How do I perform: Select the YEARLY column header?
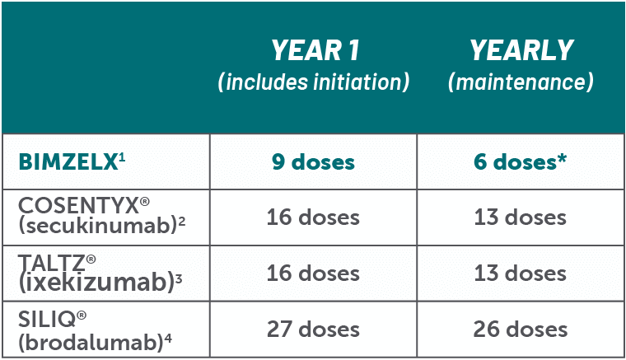click(521, 50)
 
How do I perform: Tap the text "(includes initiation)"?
click(313, 82)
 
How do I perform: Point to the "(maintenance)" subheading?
click(521, 82)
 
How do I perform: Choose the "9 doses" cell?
click(313, 161)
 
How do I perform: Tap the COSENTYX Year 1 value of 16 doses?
click(313, 218)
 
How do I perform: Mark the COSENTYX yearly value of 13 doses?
click(521, 218)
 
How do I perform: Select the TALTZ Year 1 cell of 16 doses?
click(313, 274)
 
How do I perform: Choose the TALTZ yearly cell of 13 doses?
click(521, 274)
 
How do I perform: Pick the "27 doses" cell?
click(313, 329)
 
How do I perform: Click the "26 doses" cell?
click(521, 329)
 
